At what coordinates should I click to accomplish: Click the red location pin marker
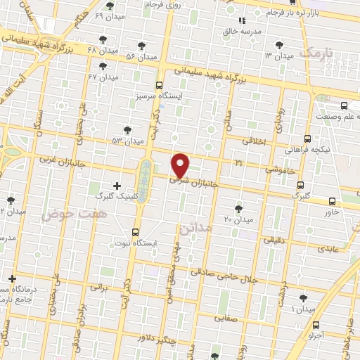[x=181, y=165]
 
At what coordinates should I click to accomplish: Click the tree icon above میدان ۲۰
[x=238, y=208]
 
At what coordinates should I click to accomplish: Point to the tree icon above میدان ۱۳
[x=279, y=44]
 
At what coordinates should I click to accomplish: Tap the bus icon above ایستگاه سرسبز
[x=162, y=84]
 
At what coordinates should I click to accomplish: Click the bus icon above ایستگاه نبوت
[x=135, y=231]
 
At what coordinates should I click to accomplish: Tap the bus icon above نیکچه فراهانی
[x=307, y=139]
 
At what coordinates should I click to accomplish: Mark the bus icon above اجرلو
[x=316, y=325]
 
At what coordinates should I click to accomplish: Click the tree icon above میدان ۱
[x=303, y=298]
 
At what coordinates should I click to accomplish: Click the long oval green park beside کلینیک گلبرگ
[x=145, y=181]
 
